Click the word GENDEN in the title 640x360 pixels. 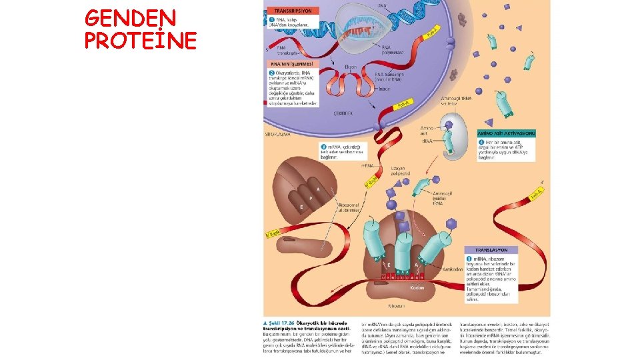131,17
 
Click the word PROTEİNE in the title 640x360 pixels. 141,41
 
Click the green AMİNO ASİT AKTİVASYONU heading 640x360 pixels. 507,133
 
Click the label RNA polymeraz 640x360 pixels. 391,48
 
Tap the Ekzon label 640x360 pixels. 351,67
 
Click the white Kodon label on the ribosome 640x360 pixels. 417,287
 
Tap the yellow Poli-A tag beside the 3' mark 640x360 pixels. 535,194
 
